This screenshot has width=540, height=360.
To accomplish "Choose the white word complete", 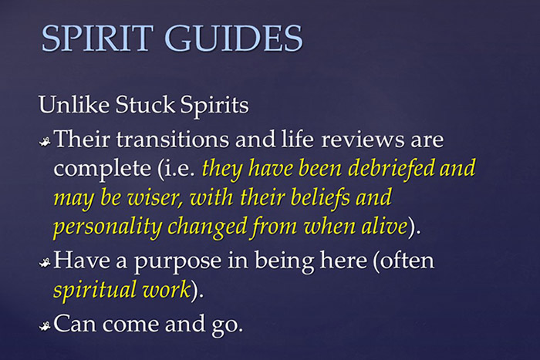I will [98, 167].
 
